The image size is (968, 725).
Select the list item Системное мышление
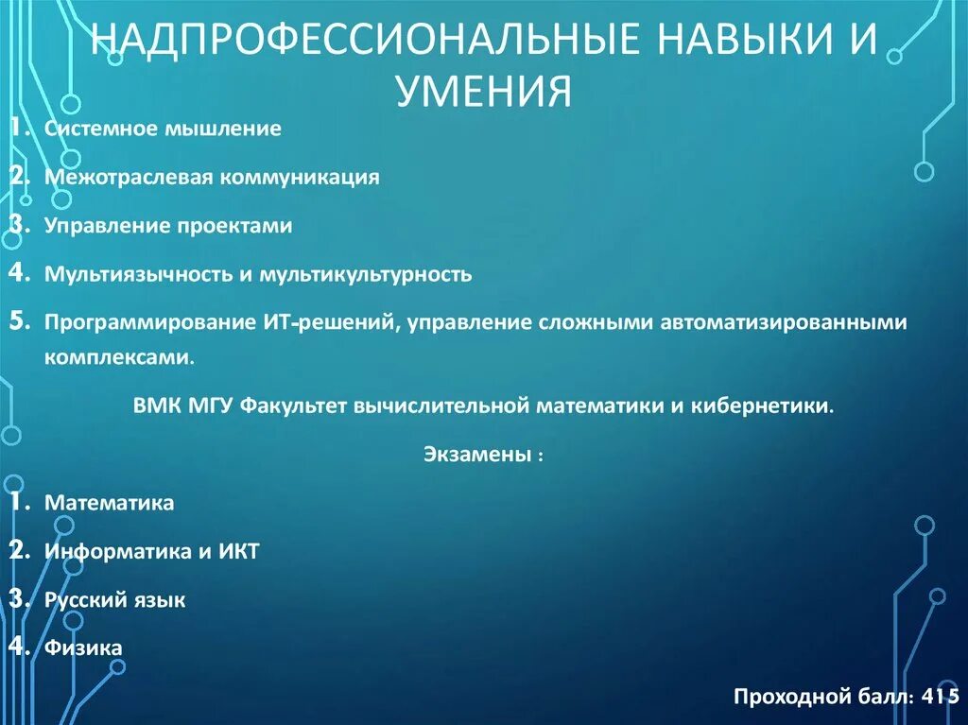[163, 129]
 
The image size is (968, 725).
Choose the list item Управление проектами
[168, 226]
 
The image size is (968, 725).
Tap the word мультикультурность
[363, 275]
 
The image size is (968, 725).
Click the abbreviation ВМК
[153, 406]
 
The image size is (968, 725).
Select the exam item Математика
[110, 503]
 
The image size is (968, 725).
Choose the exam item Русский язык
[115, 600]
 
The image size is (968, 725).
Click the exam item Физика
[83, 648]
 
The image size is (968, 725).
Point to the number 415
[942, 697]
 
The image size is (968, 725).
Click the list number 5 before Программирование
[19, 321]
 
